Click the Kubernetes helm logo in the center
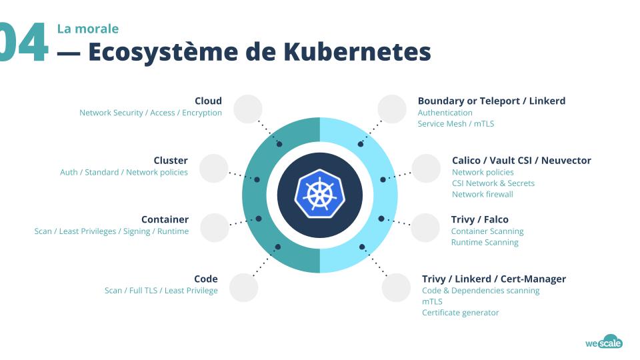320,195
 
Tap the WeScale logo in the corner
603,343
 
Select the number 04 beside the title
23,43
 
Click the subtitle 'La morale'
87,29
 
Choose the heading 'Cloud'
208,101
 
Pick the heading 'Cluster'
171,160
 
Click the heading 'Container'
165,219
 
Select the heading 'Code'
206,279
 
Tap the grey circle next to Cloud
248,109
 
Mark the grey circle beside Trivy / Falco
425,228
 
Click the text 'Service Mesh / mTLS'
456,124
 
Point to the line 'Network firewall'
483,195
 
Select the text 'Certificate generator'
461,313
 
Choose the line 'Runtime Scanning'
485,243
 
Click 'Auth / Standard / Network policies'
124,173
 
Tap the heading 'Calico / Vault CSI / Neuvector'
521,160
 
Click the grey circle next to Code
243,288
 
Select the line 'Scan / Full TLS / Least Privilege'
161,291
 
